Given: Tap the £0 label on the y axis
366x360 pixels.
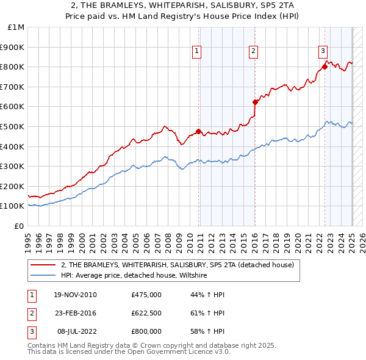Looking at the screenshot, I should (20, 226).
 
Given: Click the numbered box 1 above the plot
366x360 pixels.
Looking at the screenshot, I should (197, 52).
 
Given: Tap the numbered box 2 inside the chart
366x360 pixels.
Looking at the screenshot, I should (253, 52).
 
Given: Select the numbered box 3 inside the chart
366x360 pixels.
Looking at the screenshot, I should (323, 52).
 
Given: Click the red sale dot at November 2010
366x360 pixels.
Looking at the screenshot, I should (199, 131).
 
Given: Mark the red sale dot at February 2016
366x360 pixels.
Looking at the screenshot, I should (256, 102).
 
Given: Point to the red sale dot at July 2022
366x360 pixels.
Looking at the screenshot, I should (325, 67).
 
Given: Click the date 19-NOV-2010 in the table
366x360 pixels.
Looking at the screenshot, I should (75, 295).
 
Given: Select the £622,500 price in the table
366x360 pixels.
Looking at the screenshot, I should (146, 313).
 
